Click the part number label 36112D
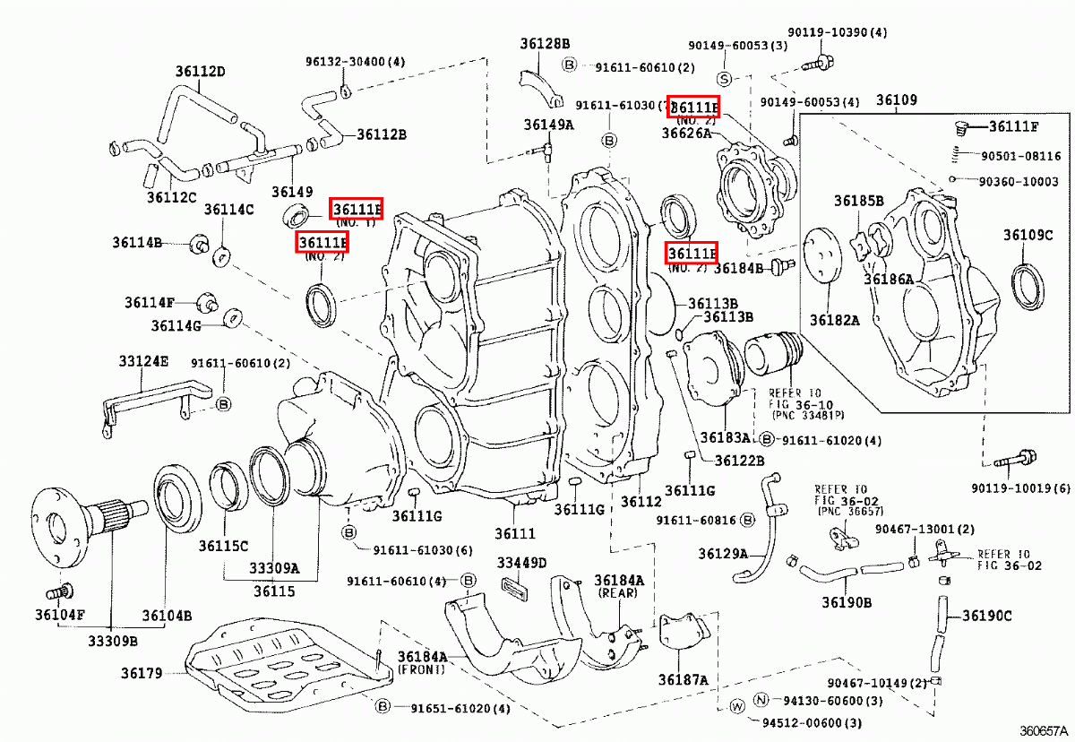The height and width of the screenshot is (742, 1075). coord(200,72)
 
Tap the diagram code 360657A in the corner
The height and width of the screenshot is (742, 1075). coord(1044,730)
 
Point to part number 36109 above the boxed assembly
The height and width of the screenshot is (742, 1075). coord(896,100)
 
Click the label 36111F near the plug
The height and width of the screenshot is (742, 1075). coord(1014,126)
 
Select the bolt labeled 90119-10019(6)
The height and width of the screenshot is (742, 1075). coord(1012,462)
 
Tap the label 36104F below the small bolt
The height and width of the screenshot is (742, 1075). coord(60,615)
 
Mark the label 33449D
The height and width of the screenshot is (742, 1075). coord(521,562)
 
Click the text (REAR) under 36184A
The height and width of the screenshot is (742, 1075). coord(618,593)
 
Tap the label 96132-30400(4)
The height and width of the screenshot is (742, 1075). coord(355,62)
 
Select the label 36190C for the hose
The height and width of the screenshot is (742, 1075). coord(987,616)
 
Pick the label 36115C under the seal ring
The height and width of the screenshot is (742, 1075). coord(223,546)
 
